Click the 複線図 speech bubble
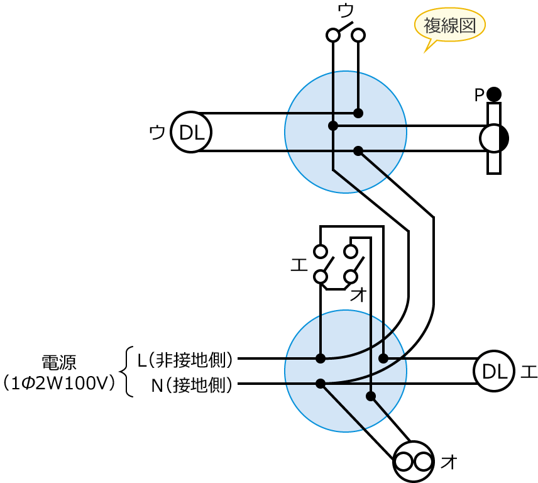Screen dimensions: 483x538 click(x=450, y=26)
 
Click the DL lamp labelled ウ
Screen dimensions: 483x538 click(x=191, y=132)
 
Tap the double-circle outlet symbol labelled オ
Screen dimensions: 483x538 click(x=414, y=462)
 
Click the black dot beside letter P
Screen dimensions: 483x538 click(x=494, y=94)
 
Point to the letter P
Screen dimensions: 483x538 click(x=479, y=96)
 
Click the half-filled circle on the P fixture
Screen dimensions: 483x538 click(x=494, y=138)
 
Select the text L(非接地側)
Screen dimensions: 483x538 click(x=185, y=359)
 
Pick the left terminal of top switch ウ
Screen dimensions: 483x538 click(x=333, y=35)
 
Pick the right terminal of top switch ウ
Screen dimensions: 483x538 click(x=358, y=35)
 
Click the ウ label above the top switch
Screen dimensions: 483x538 click(x=346, y=10)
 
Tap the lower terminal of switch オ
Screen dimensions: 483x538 click(x=351, y=277)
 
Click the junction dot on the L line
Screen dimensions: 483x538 click(x=321, y=358)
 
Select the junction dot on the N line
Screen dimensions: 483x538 click(x=321, y=384)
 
